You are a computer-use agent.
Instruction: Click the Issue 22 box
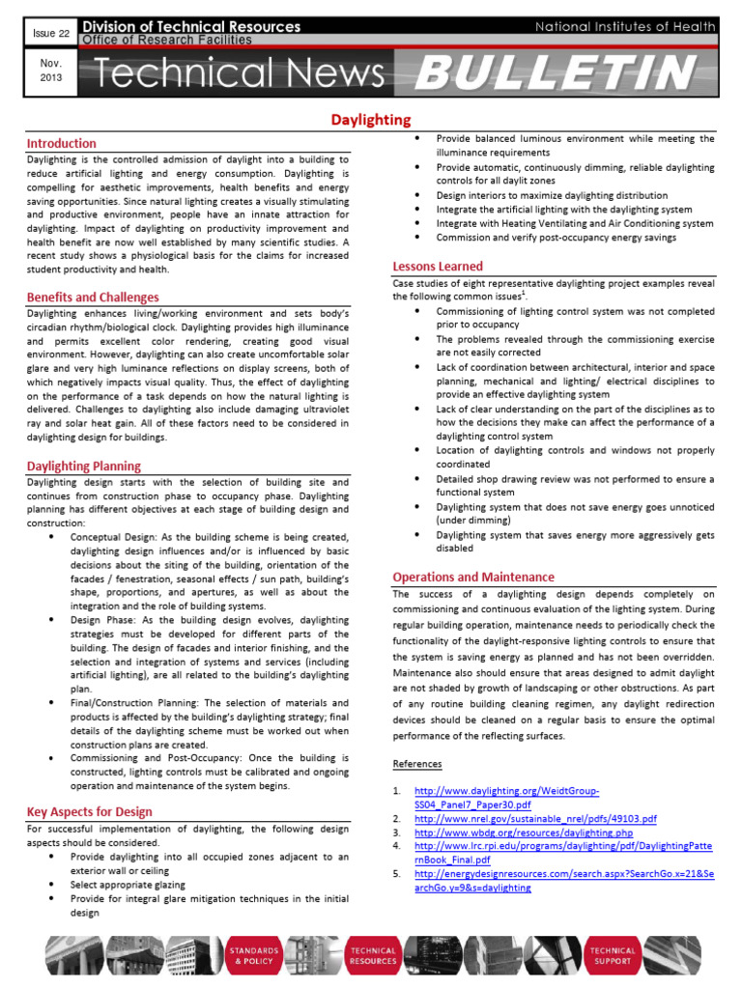[x=44, y=34]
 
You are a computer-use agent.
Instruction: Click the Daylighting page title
[x=371, y=120]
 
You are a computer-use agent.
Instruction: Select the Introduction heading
[x=61, y=143]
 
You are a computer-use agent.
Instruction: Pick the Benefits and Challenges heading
[x=93, y=297]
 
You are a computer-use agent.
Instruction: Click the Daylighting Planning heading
[x=83, y=466]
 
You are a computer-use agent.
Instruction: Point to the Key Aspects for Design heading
[x=89, y=811]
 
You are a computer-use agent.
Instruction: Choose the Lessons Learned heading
[x=438, y=266]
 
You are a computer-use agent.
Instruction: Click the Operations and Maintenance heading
[x=473, y=577]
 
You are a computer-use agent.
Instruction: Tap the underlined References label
[x=417, y=763]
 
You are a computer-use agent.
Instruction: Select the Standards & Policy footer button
[x=254, y=956]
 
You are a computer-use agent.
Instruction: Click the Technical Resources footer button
[x=373, y=956]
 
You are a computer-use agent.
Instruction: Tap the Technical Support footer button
[x=613, y=956]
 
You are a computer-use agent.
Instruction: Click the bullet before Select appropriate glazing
[x=49, y=884]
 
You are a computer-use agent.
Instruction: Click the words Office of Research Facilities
[x=166, y=40]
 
